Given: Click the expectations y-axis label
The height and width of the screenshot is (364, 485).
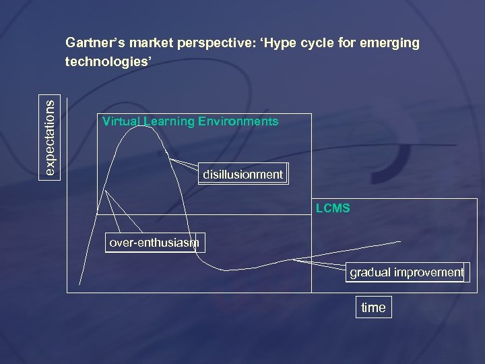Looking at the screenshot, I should [51, 135].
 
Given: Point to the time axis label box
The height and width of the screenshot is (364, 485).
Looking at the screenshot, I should [373, 307].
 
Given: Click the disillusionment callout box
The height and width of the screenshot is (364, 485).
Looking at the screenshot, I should [243, 175].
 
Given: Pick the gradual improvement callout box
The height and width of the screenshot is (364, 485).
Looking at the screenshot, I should [407, 272].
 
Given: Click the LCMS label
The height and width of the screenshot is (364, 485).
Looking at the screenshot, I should [333, 208].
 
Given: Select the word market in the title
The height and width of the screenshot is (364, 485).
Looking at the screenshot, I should [152, 43].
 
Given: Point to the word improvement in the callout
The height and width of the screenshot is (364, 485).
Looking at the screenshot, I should [429, 272].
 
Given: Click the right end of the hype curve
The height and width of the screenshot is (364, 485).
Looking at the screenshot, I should [401, 241].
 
